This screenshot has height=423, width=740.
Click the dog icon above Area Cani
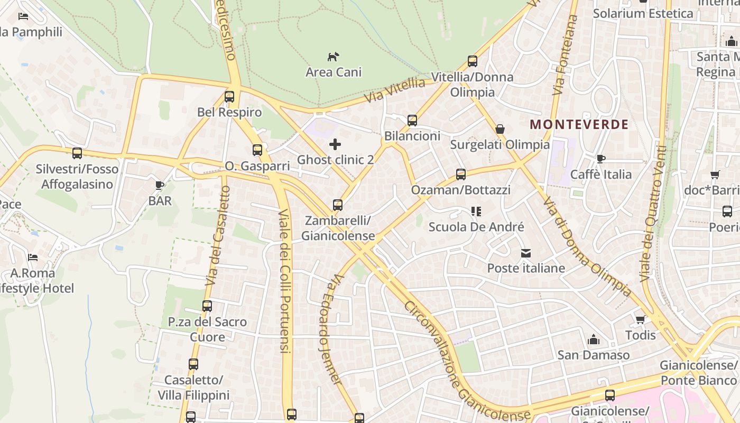(333, 57)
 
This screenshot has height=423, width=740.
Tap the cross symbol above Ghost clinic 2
(335, 144)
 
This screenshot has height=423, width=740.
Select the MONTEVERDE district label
(579, 125)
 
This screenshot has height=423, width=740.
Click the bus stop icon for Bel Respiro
(229, 97)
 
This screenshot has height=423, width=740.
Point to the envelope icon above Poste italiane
(526, 253)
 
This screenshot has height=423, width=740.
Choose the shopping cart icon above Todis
(640, 319)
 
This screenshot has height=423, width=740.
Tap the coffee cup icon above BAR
(160, 185)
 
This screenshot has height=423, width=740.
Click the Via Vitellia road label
(394, 90)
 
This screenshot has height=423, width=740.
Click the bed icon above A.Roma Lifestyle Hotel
(33, 258)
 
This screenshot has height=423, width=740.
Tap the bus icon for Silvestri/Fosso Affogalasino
(77, 153)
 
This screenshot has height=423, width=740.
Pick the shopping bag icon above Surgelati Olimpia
(499, 129)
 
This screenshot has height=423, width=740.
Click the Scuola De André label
(476, 227)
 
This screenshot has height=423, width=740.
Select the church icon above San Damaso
(593, 339)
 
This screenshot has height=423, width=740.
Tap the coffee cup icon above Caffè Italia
(600, 159)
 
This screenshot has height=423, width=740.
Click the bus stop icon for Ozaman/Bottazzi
(460, 174)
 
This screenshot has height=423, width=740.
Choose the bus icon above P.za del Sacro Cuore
(207, 306)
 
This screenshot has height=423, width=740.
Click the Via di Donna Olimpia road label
(587, 247)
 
